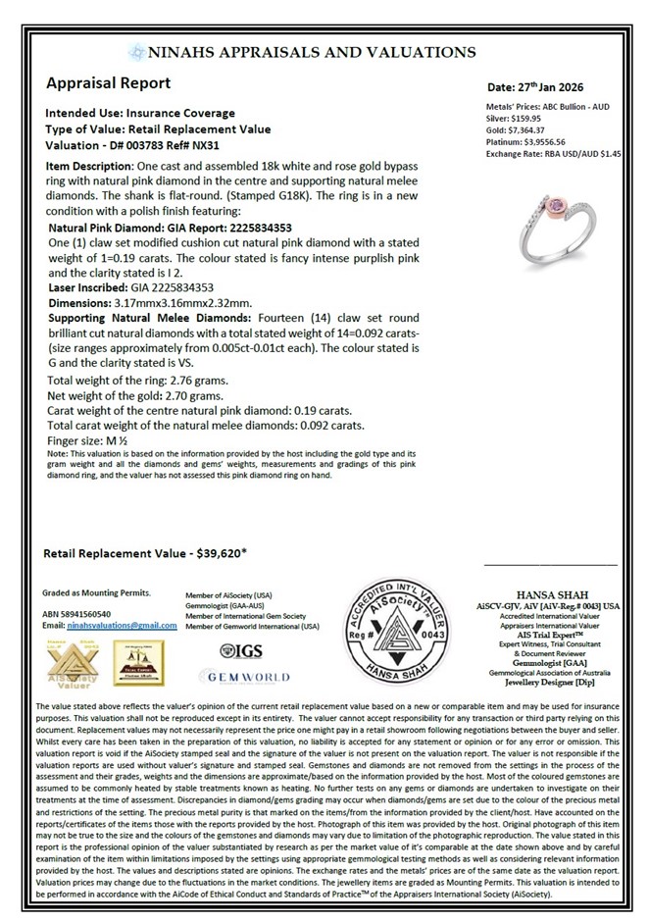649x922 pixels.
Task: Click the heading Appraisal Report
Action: [x=108, y=83]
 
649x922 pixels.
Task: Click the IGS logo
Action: [x=243, y=650]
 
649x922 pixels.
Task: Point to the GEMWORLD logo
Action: [x=244, y=677]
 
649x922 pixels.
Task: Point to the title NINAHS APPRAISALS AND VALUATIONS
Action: [x=311, y=53]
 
